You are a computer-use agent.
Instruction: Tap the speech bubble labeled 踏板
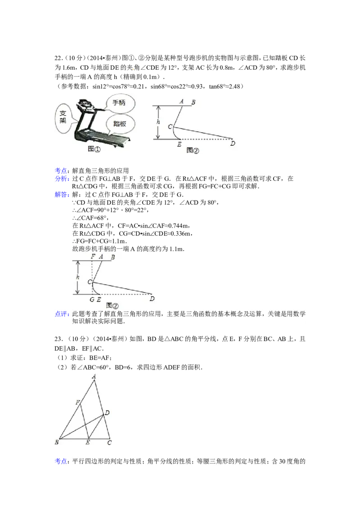point(120,124)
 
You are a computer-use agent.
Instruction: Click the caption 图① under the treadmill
point(94,149)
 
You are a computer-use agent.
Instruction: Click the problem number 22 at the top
point(58,58)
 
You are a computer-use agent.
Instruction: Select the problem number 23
point(58,339)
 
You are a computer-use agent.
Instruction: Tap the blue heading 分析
point(62,179)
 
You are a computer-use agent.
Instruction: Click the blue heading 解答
point(62,194)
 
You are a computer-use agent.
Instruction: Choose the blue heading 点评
point(62,314)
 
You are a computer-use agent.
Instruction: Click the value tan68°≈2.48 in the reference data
point(225,86)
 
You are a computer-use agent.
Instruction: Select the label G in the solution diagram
point(92,299)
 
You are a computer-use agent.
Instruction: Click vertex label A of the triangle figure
point(94,376)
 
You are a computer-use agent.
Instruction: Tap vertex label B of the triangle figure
point(57,442)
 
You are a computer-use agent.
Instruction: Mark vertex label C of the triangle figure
point(109,442)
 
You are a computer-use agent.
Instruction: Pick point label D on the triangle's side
point(107,413)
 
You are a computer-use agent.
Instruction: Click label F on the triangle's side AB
point(78,402)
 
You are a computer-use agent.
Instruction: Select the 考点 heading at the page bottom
point(62,461)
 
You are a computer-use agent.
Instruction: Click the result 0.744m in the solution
point(180,226)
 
